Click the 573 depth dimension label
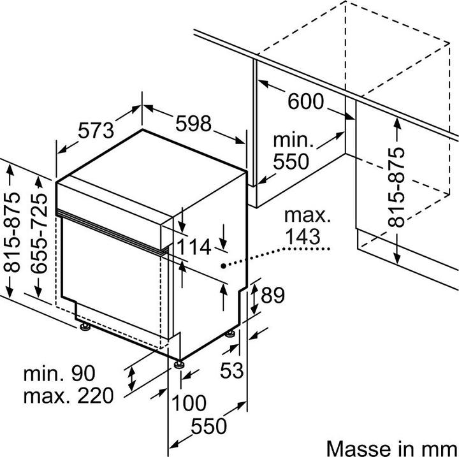(x=96, y=130)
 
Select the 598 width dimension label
(x=193, y=124)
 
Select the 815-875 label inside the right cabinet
(x=397, y=187)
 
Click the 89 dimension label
(x=272, y=295)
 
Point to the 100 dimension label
(x=189, y=403)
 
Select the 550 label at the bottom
(x=210, y=426)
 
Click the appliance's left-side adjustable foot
(x=84, y=328)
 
